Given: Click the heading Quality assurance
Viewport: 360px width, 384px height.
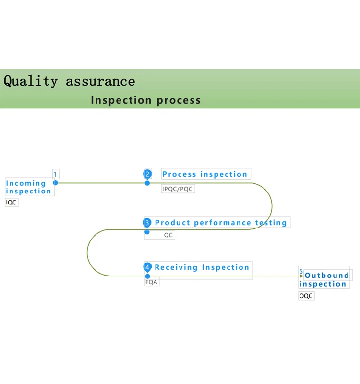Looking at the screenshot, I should tap(69, 81).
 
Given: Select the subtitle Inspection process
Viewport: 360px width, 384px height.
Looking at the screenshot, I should tap(145, 100).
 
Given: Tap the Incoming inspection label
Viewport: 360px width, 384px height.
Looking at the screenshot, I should tap(28, 187).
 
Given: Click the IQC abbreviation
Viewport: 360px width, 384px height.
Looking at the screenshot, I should tap(11, 203).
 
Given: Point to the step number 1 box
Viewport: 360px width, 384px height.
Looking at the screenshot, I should tap(55, 175).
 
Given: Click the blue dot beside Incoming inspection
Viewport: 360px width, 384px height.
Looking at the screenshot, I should tap(56, 183).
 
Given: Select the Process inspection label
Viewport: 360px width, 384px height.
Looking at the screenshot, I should tap(204, 174).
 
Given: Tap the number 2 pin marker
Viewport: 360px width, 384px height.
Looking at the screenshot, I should tap(147, 174).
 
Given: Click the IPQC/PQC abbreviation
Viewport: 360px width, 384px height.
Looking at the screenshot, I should tap(177, 189).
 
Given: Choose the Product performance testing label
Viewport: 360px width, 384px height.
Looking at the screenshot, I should tap(221, 223).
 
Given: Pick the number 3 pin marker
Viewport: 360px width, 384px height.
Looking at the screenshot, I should tap(147, 223).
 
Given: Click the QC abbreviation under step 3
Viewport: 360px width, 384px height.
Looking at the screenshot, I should tap(168, 235).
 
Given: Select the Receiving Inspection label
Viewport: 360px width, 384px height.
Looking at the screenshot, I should tap(202, 267).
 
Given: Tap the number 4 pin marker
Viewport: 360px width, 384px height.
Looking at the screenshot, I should tap(147, 267).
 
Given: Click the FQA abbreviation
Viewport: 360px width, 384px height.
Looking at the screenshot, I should tap(151, 282).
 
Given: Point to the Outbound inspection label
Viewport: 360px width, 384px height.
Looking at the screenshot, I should tap(324, 279).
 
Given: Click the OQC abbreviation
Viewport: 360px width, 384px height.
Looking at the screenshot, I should tap(306, 296).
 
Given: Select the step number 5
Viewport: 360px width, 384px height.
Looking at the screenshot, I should tap(301, 272).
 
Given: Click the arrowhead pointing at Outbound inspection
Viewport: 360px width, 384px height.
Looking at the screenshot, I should tap(301, 276).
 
